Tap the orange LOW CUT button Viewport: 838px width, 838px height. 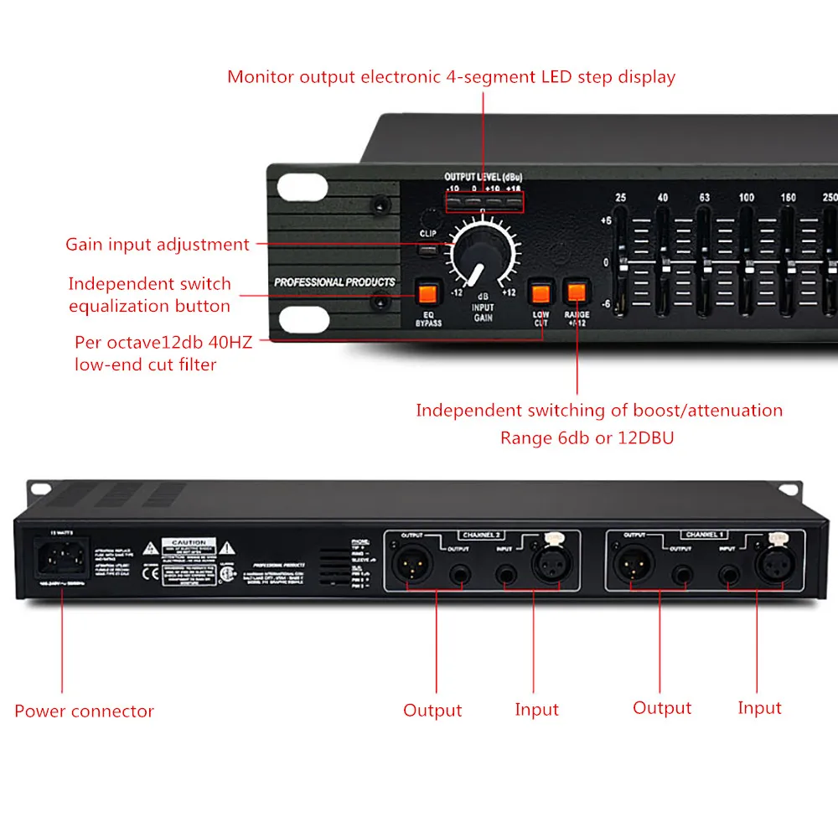[540, 294]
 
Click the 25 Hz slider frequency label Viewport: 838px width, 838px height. [621, 198]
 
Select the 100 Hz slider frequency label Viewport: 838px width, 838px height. [746, 198]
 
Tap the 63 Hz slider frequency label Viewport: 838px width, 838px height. [704, 198]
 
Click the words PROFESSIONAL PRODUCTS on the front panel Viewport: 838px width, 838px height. [334, 282]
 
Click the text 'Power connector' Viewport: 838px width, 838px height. [84, 711]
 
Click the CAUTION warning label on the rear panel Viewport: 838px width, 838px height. [189, 543]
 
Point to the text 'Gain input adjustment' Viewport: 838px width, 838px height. [158, 245]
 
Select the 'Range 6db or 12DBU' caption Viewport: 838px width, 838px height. [599, 437]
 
